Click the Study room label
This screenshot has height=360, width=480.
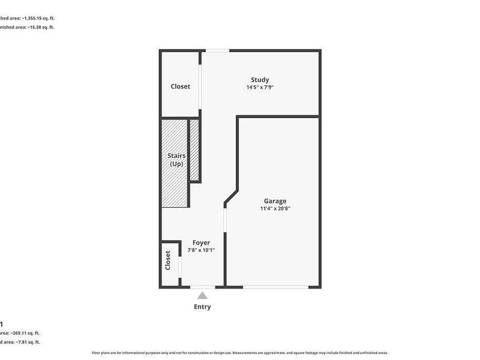pos(260,80)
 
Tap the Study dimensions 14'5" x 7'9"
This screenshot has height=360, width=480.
pos(260,88)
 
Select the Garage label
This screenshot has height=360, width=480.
pos(275,201)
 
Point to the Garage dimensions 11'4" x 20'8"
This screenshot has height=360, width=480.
pos(275,209)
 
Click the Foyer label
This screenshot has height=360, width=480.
pos(201,242)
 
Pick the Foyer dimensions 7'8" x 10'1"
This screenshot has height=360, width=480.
pos(201,250)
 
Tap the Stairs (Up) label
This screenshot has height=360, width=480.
pos(176,160)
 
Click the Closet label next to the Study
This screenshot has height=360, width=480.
pos(180,86)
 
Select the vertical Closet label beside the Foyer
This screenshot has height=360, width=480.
pos(168,261)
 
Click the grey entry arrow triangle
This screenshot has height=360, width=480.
pos(203,295)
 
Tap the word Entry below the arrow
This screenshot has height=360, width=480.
pos(202,307)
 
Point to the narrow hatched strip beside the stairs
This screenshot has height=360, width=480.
pos(194,150)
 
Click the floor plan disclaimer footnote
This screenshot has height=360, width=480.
pos(239,353)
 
